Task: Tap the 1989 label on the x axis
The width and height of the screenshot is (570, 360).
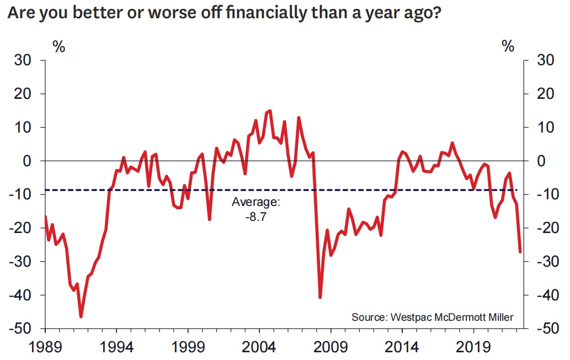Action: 45,348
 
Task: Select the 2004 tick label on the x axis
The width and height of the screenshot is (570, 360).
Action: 259,348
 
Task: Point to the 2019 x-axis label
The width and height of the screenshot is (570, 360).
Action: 473,348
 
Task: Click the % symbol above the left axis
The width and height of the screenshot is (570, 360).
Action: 58,46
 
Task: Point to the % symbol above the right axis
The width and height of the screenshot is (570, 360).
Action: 508,46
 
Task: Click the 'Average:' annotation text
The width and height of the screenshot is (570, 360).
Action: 256,203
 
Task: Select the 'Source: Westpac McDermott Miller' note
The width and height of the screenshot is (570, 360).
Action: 432,317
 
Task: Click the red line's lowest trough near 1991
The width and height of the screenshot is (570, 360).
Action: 81,316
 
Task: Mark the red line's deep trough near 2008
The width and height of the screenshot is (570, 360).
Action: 320,298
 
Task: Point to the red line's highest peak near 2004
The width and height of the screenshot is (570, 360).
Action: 269,111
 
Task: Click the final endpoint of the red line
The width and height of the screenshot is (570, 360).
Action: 520,252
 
